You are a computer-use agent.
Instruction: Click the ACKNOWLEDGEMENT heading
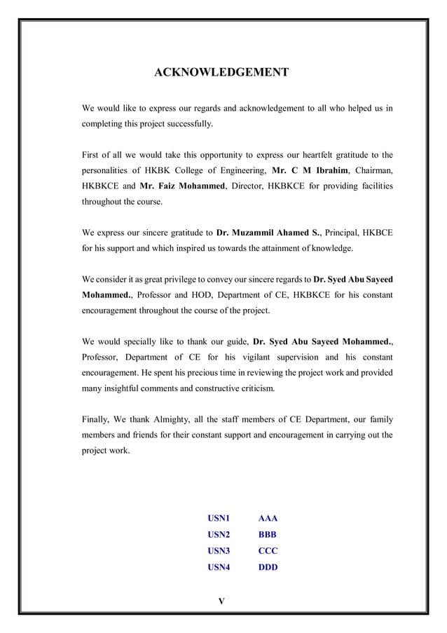[x=221, y=73]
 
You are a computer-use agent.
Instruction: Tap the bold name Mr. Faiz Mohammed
[x=182, y=186]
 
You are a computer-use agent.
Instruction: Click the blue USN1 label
[x=219, y=519]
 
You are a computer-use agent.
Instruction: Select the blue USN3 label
[x=219, y=551]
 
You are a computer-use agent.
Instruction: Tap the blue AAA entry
[x=268, y=519]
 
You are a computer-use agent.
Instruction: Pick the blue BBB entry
[x=268, y=535]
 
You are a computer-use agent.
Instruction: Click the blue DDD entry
[x=268, y=567]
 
